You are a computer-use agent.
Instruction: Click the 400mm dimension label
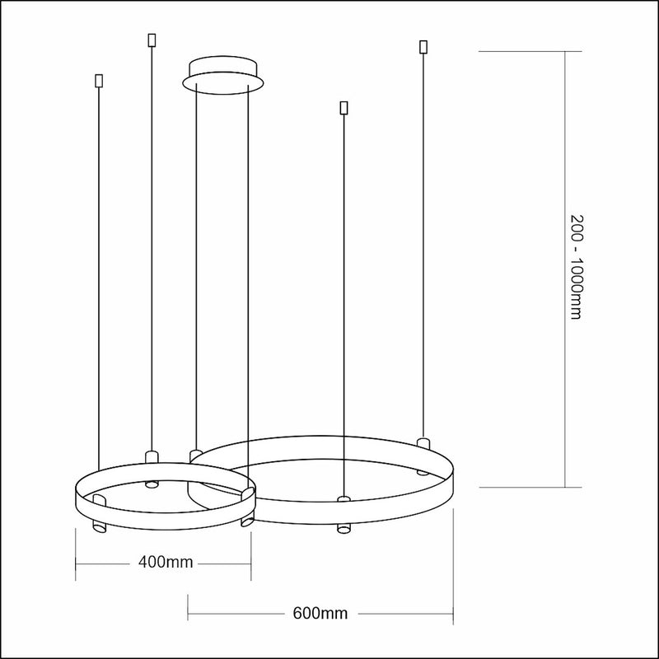pos(166,563)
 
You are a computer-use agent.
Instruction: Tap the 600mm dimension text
pos(320,614)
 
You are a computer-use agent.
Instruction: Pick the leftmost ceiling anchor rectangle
pos(99,82)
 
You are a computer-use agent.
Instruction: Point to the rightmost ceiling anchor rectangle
pos(423,46)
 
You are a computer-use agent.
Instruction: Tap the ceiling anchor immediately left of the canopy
pos(151,40)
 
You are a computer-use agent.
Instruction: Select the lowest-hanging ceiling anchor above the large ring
pos(344,108)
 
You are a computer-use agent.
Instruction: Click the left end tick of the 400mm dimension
pos(76,563)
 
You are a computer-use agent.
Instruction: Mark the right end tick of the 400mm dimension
pos(250,563)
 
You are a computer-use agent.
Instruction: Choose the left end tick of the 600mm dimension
pos(189,614)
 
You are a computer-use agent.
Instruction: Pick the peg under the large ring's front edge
pos(344,526)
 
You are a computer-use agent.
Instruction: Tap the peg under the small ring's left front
pos(98,526)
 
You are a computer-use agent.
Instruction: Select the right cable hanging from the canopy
pos(248,247)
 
